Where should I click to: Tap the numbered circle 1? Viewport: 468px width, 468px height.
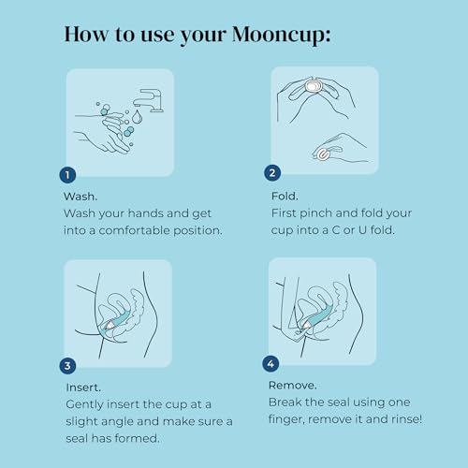point(66,175)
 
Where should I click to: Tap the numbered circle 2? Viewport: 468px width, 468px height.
point(272,172)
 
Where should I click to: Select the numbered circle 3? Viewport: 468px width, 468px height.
point(66,365)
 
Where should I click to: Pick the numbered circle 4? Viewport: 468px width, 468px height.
point(272,363)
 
